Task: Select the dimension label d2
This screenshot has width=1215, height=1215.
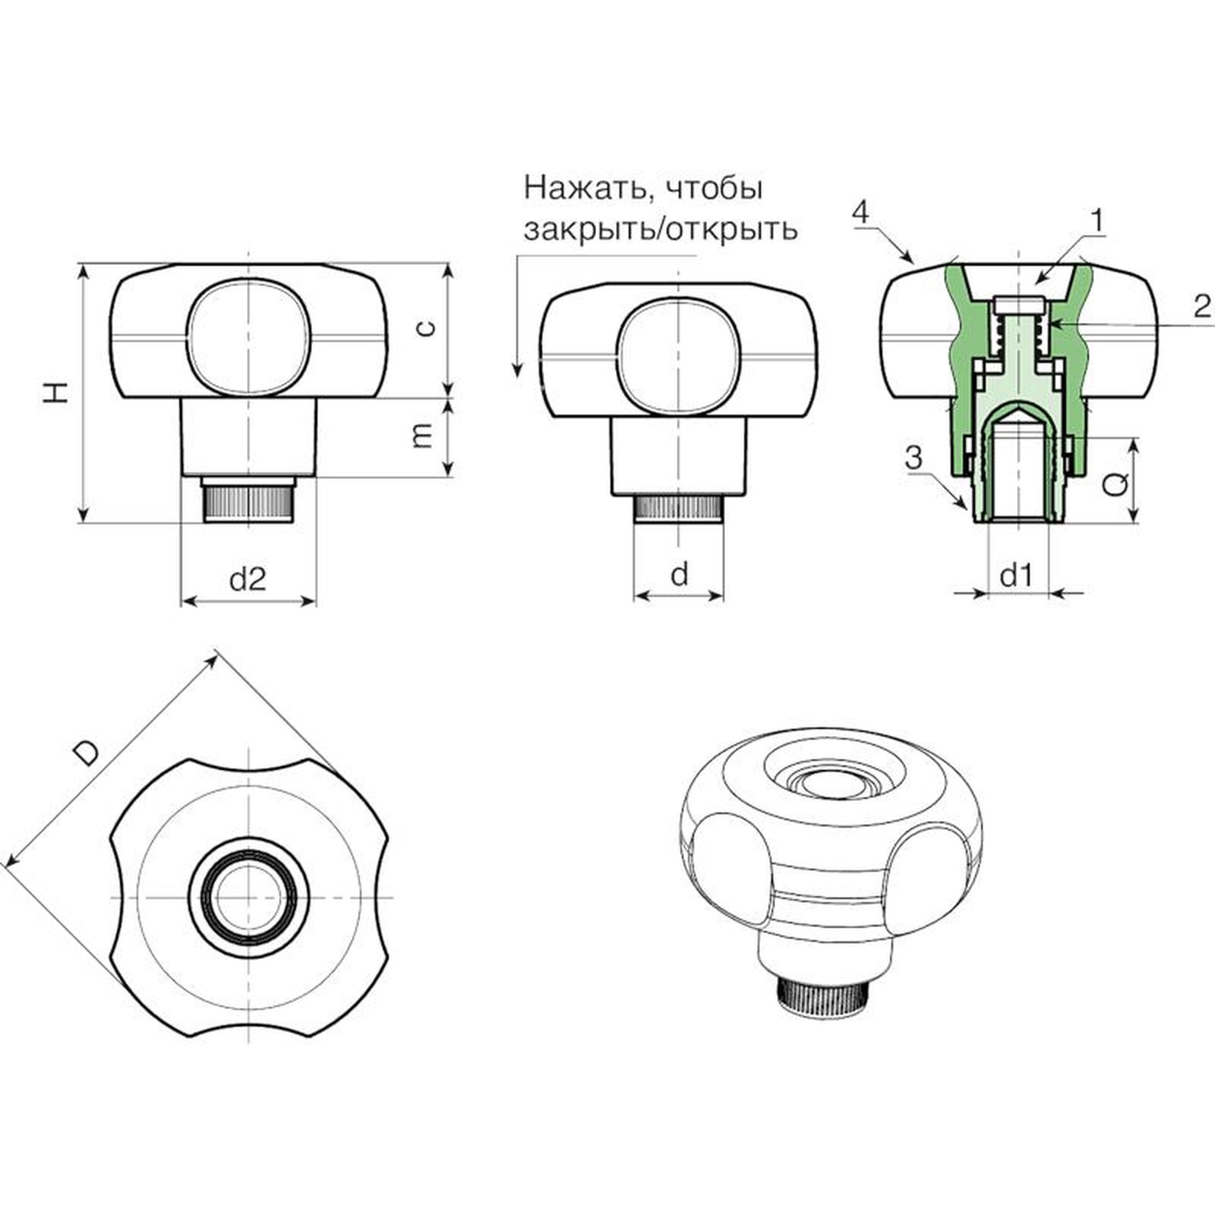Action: [248, 579]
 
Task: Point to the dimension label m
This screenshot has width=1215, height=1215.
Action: [422, 434]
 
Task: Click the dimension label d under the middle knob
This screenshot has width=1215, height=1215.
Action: [680, 574]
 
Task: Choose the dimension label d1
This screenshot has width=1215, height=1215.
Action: [1016, 576]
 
